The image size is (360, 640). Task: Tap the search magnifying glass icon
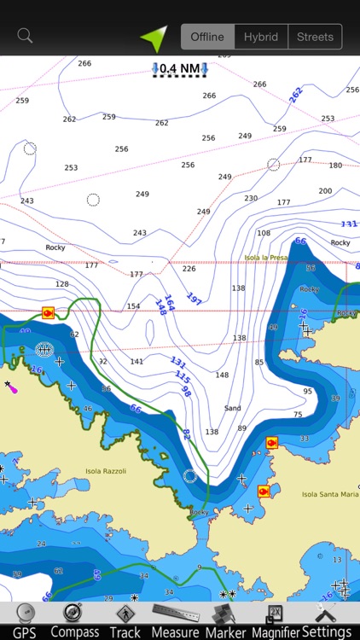point(25,36)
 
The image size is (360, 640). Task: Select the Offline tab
point(207,37)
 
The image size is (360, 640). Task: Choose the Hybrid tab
point(261,37)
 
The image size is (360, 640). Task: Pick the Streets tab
point(315,37)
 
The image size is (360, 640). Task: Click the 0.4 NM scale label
point(179,68)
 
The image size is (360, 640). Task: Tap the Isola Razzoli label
point(106,471)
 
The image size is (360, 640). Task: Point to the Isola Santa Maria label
point(330,494)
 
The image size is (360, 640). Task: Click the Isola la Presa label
point(266,257)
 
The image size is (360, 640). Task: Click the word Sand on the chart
point(232,409)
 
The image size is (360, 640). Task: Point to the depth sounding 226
point(189,269)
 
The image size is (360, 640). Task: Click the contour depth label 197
point(194,300)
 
